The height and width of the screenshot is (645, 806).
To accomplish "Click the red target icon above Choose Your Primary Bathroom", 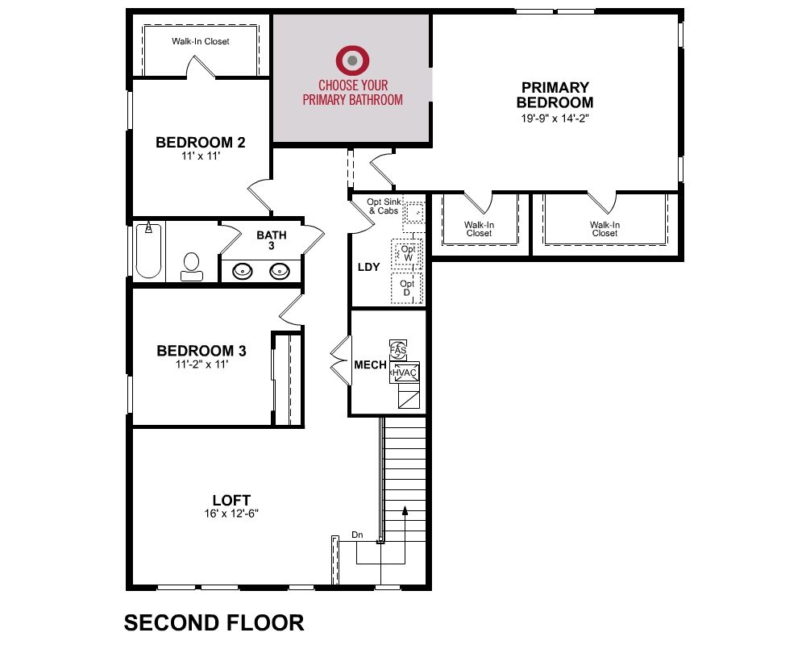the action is coord(352,60).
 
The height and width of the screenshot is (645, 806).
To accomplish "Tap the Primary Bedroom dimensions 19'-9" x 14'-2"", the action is coord(555,119).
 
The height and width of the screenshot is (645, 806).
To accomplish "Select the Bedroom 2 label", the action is coord(201,143).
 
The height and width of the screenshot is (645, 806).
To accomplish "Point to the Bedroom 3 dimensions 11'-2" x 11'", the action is coord(201,364).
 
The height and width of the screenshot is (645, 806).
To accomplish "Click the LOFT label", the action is coord(231,500).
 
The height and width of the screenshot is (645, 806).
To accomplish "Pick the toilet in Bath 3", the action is coord(192,266).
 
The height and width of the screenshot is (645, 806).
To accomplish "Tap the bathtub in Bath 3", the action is coord(148,251).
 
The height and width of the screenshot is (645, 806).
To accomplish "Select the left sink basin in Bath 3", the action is coord(242,271).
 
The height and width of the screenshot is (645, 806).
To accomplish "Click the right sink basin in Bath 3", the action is coord(280,271).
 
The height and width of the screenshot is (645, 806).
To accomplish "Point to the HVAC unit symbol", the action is coord(405,372).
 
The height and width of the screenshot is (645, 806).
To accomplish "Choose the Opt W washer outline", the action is coord(407,254).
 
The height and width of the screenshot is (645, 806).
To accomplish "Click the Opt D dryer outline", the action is coord(406,288).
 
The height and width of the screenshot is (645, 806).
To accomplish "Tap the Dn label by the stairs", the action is coord(357,535).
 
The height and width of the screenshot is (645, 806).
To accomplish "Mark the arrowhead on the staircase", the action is coord(405,510).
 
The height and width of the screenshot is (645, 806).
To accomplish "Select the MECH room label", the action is coord(370,364).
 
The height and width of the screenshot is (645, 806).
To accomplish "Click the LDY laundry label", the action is coord(368,267).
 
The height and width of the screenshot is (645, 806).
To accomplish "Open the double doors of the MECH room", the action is coord(341,360).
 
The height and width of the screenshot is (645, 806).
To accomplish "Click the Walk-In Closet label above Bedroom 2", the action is coord(201,41).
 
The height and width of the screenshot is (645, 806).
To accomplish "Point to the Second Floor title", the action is coord(214,623).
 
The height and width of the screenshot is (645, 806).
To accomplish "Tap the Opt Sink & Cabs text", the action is coord(384,206).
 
